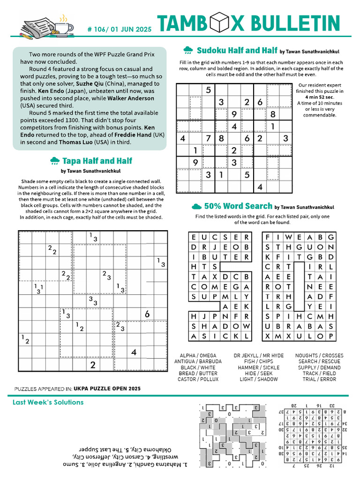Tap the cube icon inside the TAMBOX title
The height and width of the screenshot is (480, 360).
click(x=232, y=24)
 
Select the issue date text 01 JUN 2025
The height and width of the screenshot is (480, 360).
click(x=129, y=29)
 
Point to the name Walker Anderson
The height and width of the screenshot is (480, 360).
click(x=131, y=98)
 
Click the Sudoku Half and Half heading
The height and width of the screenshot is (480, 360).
click(x=237, y=51)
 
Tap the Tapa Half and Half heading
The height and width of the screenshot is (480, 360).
click(x=97, y=161)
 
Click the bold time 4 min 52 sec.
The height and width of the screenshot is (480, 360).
click(x=321, y=97)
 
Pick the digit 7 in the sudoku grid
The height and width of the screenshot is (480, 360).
click(x=208, y=139)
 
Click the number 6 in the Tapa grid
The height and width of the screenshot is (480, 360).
click(x=147, y=314)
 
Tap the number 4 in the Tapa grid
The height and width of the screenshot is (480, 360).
click(x=134, y=352)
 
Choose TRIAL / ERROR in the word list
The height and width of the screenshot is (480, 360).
click(x=319, y=379)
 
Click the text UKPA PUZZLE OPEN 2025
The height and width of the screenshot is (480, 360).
click(x=107, y=389)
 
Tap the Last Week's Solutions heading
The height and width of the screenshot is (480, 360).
click(x=48, y=402)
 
